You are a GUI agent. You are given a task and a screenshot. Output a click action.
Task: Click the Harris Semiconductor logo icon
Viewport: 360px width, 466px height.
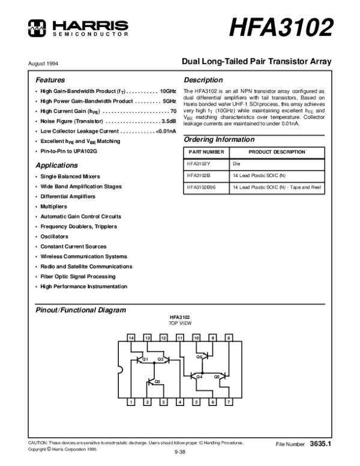coord(37,25)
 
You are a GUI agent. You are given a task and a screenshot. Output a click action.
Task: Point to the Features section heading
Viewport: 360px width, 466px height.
coord(50,80)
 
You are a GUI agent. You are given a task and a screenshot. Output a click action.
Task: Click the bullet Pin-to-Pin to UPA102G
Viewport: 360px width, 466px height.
coord(68,151)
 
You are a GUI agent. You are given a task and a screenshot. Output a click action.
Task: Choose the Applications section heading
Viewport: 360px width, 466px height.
coord(56,165)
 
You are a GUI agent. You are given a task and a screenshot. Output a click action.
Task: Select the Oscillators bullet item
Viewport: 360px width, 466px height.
coord(54,237)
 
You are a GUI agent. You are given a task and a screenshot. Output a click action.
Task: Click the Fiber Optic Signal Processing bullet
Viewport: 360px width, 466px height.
coord(77,276)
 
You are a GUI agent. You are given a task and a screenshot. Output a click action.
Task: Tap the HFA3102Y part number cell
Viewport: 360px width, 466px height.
coord(198,163)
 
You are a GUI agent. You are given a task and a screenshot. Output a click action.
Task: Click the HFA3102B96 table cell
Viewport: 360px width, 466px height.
coord(202,187)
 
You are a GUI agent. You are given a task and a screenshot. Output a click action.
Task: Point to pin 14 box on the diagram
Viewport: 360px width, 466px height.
coord(131,339)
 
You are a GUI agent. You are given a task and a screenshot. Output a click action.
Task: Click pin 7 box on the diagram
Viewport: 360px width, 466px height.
coord(228,402)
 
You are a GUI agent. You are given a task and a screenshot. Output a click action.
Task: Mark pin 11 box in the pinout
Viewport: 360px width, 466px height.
coord(180,339)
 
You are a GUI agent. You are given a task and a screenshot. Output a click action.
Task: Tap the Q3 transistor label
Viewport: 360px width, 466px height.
coord(157,381)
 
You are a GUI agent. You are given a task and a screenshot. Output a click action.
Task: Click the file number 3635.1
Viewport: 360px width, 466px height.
coord(321,444)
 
